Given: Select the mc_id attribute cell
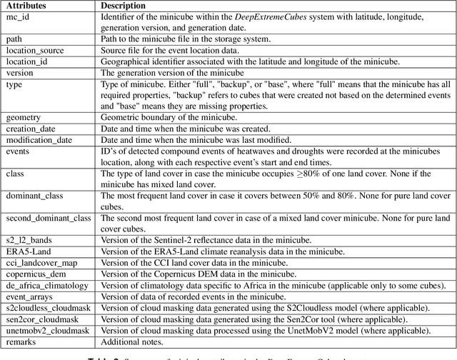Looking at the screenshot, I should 17,17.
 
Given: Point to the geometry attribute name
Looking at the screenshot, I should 24,116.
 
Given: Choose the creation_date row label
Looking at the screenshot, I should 30,126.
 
